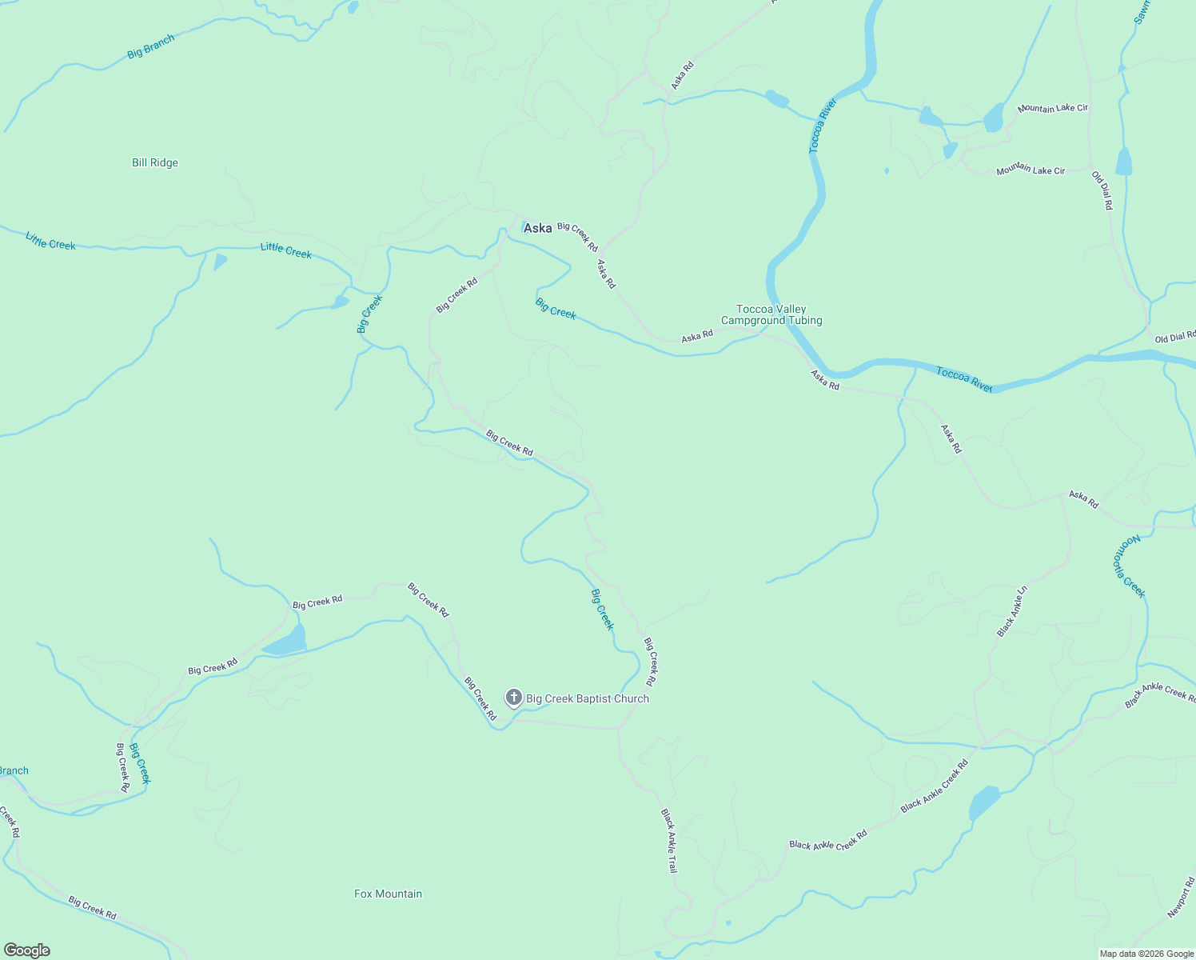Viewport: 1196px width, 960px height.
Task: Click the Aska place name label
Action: click(x=537, y=228)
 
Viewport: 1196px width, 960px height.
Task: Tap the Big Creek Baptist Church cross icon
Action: click(x=514, y=698)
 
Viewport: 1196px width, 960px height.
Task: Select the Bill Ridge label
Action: click(x=155, y=162)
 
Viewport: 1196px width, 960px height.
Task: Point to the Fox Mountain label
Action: click(x=388, y=894)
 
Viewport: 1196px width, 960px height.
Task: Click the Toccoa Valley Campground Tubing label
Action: click(x=771, y=314)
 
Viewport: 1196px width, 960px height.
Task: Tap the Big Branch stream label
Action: click(x=150, y=47)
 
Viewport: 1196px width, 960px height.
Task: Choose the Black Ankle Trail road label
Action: click(x=669, y=840)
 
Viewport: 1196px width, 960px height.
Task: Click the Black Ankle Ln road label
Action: click(x=1011, y=611)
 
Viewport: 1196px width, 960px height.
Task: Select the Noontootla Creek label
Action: click(x=1130, y=566)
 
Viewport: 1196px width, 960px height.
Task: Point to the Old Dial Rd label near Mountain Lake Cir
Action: click(x=1102, y=190)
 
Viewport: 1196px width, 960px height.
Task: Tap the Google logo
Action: click(x=26, y=950)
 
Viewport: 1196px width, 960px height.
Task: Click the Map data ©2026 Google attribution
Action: click(x=1146, y=954)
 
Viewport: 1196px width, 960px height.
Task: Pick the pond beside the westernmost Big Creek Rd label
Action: click(x=285, y=642)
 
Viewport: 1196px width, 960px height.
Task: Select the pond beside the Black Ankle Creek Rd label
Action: click(x=984, y=802)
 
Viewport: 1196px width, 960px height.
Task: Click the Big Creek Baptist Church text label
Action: click(x=588, y=698)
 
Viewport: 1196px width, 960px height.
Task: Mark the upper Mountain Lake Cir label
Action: click(x=1052, y=108)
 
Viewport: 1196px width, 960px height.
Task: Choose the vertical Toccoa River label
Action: click(x=822, y=126)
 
